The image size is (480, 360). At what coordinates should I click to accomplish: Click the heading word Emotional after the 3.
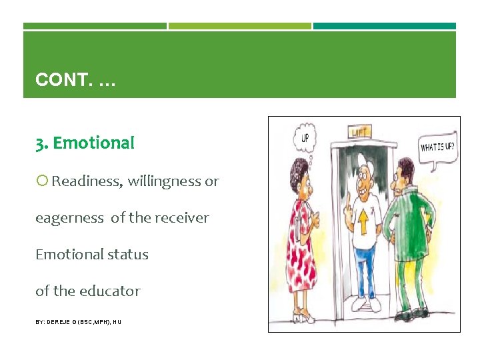coord(93,143)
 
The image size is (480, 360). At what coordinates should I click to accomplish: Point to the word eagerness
coord(70,218)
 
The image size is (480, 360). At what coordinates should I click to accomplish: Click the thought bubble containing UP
coord(305,139)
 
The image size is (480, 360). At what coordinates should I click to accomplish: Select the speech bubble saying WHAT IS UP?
coord(438,146)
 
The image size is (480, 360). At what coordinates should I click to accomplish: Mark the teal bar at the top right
coord(385,26)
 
